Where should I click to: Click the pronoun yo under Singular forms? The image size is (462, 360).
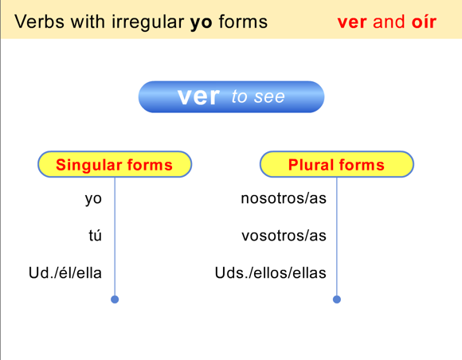93,199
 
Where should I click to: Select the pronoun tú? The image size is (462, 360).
95,236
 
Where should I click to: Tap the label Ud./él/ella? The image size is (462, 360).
65,273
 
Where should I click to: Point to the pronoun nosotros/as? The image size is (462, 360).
284,199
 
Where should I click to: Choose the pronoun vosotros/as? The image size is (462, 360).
284,236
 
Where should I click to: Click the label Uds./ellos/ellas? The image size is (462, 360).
271,273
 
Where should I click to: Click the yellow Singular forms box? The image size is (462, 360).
115,165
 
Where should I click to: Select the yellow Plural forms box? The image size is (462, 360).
336,165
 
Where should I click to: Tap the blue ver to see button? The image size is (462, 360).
231,97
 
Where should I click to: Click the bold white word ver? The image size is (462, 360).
198,97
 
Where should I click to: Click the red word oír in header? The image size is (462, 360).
424,21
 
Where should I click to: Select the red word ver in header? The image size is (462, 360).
351,21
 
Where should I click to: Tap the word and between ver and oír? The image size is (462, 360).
389,21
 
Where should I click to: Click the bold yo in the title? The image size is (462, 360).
200,22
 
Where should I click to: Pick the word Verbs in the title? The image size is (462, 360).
37,21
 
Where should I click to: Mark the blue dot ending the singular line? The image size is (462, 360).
115,299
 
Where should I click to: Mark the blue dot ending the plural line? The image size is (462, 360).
337,299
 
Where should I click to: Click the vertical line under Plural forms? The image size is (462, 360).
337,239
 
